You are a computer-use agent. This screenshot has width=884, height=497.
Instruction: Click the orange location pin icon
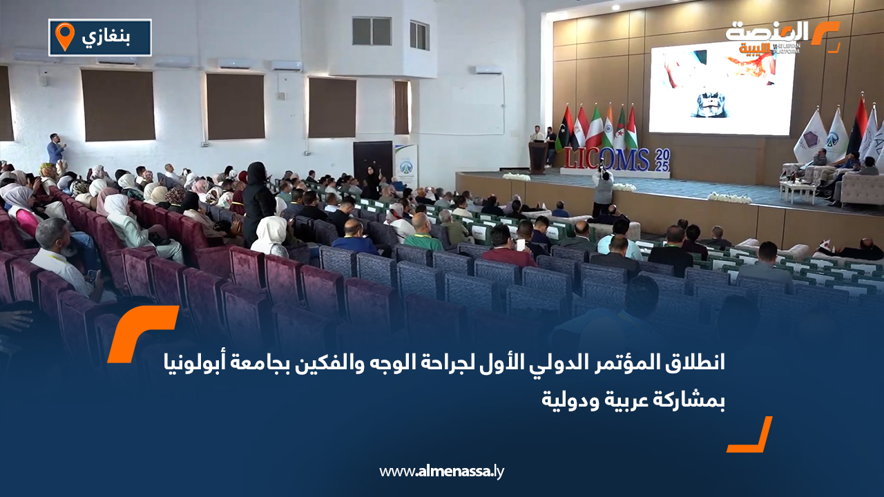tap(64, 37)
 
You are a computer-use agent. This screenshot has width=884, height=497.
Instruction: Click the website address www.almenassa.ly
tap(442, 471)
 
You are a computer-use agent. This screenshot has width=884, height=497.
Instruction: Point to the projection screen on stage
tap(722, 87)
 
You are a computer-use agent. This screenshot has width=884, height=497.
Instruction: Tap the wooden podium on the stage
tap(537, 157)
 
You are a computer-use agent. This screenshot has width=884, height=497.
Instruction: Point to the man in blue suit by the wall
tap(55, 148)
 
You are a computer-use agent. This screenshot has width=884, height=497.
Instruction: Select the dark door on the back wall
tap(372, 160)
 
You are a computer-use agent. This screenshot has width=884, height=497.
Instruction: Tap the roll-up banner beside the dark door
tap(405, 166)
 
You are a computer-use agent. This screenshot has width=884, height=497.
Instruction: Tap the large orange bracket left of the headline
tap(142, 333)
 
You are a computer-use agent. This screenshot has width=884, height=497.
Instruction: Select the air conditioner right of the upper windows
tap(488, 70)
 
